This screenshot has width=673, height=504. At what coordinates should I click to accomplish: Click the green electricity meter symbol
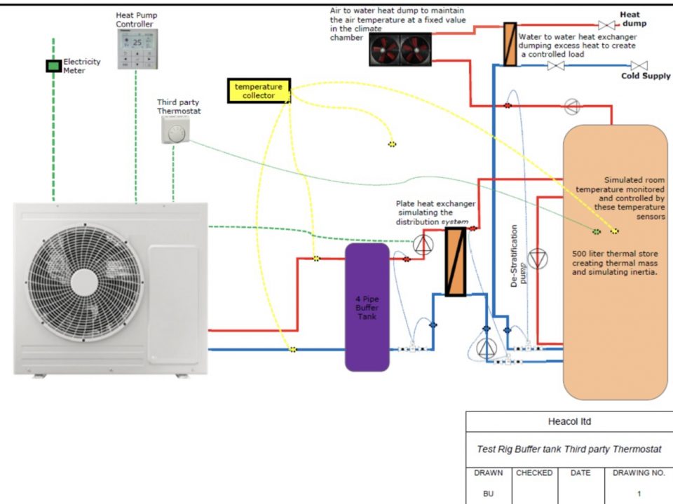tap(53, 66)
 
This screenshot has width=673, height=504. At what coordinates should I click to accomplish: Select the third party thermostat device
tap(175, 130)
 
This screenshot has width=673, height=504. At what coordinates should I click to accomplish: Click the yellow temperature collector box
tap(259, 90)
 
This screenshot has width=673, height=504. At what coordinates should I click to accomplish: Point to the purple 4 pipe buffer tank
tap(367, 307)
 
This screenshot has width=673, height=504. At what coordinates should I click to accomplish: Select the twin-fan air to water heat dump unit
tap(395, 50)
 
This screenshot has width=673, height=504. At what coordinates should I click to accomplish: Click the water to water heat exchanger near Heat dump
tap(510, 44)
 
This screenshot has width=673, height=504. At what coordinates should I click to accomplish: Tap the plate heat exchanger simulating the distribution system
tap(456, 261)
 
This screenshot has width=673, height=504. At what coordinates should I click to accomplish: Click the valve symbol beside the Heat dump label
tap(606, 25)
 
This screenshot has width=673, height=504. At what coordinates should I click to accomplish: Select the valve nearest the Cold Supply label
tap(639, 66)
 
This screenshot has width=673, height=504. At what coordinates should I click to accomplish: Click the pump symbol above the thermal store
tap(573, 107)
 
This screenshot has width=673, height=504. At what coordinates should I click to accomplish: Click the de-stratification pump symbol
tap(538, 258)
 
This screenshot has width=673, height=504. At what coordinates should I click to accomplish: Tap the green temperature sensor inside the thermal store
tap(596, 231)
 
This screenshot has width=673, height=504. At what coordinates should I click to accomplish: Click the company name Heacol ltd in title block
tap(569, 422)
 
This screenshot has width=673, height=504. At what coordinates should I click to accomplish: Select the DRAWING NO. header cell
tap(639, 473)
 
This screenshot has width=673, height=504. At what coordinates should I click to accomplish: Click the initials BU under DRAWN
tap(489, 493)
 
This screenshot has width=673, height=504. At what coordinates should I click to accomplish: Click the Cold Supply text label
tap(646, 76)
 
